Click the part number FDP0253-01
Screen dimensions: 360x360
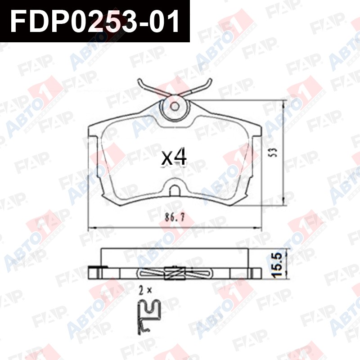click(x=94, y=21)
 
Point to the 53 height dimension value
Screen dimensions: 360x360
click(x=273, y=152)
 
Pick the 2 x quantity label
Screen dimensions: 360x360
click(x=145, y=291)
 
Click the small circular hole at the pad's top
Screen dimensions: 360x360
click(x=175, y=106)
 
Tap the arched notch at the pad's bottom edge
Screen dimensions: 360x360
click(x=175, y=190)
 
